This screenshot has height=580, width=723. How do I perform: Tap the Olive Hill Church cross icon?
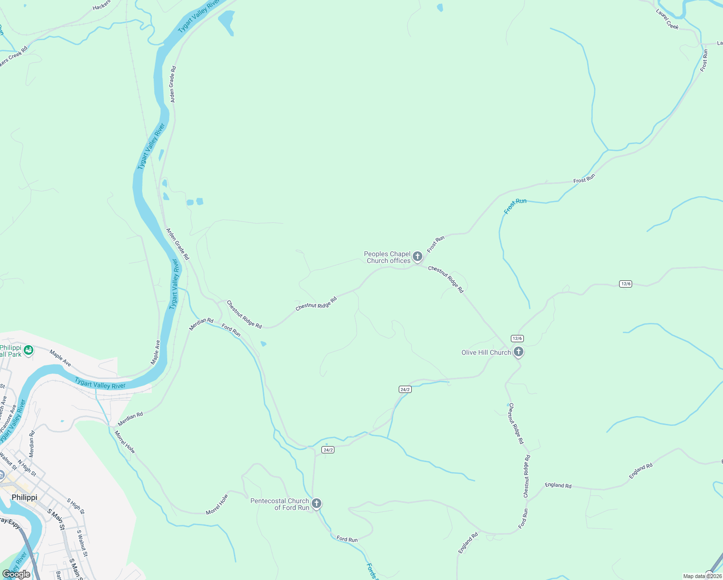519,352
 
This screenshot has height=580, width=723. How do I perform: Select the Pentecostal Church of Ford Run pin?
317,504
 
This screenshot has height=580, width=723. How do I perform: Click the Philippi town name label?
24,497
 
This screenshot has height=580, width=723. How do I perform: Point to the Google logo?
16,574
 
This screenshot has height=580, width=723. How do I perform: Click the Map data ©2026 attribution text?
701,576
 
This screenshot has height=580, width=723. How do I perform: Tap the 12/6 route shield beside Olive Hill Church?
517,338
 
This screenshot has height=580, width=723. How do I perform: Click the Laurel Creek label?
667,20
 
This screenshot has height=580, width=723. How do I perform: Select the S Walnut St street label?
82,543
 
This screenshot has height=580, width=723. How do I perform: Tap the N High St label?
27,468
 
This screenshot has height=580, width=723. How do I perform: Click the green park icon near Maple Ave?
29,349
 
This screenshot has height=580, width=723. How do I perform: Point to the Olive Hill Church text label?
486,352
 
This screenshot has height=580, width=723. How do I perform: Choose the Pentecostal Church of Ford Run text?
280,504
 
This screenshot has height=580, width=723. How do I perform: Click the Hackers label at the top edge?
101,5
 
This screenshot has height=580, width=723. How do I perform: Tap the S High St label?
75,506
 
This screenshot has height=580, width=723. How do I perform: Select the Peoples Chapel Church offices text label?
388,257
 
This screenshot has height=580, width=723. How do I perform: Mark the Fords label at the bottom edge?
371,571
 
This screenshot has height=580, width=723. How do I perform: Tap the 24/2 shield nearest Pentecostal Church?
328,450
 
